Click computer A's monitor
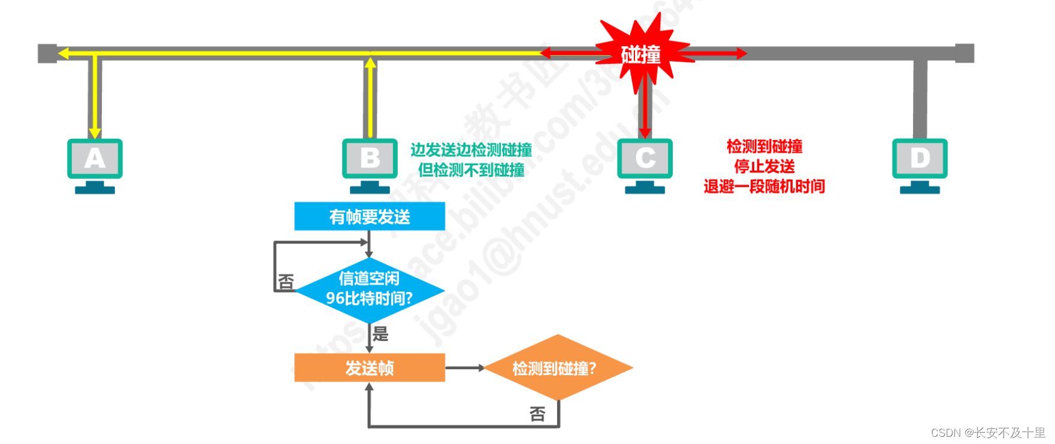pos(95,159)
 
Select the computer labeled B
pos(370,159)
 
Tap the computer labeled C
pos(645,159)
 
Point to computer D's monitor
pos(920,159)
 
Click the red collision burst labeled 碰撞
pos(641,54)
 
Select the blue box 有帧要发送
pos(369,216)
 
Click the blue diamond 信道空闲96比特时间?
pos(369,289)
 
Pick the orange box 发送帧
pos(369,367)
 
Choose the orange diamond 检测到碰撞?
pos(557,368)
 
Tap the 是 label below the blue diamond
pos(380,334)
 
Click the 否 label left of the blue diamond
pos(286,281)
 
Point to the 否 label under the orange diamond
pos(537,414)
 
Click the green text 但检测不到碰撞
pos(471,171)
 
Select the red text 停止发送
pos(764,166)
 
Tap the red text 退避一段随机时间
pos(764,187)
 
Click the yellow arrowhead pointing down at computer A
pos(95,132)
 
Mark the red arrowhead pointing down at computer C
pos(645,132)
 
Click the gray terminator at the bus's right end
pos(964,53)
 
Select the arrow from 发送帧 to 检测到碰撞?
pos(465,367)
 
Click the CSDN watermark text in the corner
pos(988,433)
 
